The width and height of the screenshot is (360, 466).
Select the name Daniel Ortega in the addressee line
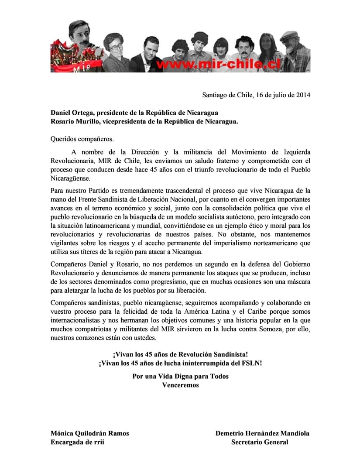(x=72, y=112)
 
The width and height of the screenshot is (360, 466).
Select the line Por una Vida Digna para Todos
(x=180, y=376)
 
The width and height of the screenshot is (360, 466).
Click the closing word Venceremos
(x=180, y=385)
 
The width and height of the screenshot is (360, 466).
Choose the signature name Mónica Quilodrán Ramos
(x=90, y=433)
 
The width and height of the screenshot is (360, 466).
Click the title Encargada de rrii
(x=78, y=442)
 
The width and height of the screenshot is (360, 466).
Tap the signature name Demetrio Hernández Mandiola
(x=262, y=433)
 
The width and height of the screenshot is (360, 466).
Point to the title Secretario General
(x=260, y=442)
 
